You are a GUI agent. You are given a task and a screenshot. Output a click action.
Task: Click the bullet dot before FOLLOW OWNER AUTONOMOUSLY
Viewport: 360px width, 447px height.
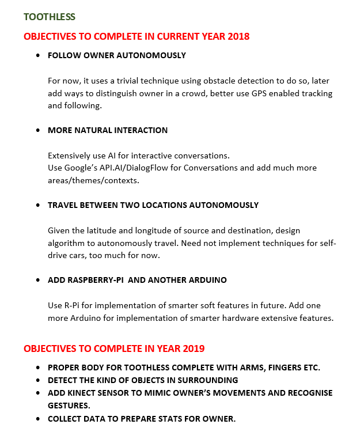click(x=38, y=56)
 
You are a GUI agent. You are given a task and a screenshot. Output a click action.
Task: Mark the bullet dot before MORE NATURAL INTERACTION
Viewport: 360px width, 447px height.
click(x=38, y=131)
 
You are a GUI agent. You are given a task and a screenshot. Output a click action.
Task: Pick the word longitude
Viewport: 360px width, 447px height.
click(x=158, y=230)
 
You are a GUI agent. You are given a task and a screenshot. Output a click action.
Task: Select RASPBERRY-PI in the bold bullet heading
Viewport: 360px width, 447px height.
click(x=94, y=280)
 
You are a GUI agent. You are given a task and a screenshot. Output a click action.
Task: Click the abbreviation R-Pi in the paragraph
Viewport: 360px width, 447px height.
click(x=70, y=305)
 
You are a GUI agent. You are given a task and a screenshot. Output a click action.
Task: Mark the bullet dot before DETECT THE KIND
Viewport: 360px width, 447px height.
click(x=38, y=380)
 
